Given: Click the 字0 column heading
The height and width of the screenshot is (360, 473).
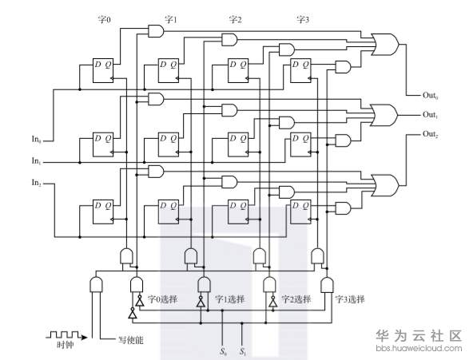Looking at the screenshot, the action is [105, 20].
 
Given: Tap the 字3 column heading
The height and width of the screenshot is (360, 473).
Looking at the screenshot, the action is [303, 20].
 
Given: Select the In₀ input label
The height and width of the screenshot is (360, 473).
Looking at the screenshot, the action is [36, 139].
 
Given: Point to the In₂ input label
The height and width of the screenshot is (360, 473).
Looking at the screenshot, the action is [36, 183].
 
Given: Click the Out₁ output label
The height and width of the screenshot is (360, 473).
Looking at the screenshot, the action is [430, 115].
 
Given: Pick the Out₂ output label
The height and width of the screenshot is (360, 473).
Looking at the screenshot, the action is [430, 134].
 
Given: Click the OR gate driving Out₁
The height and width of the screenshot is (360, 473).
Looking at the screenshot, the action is [384, 116].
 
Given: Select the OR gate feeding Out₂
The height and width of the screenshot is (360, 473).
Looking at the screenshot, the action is [385, 185].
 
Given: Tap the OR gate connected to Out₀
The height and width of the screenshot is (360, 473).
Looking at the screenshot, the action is [385, 45].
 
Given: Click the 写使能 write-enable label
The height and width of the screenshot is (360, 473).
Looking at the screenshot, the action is [130, 340].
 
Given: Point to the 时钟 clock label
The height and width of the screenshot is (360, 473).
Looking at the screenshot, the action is [66, 344].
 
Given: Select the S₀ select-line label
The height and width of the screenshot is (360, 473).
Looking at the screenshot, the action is [223, 351].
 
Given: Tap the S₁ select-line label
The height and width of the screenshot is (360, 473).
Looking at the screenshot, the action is [243, 351].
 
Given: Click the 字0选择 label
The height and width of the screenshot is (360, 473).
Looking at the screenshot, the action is [162, 299].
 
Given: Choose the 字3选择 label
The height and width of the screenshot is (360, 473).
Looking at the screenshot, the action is [350, 299].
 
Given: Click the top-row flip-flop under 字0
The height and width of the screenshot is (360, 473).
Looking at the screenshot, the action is [103, 70].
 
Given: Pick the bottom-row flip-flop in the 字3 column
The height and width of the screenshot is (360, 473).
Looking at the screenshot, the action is [300, 212].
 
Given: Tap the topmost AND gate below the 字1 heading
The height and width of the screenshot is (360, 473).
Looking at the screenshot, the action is [229, 39].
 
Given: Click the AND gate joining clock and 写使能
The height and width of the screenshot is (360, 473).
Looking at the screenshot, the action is [96, 284].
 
